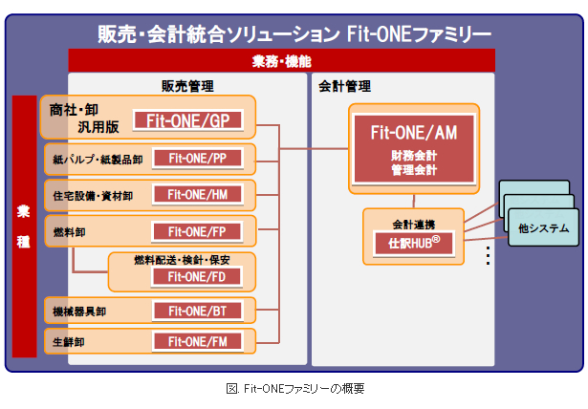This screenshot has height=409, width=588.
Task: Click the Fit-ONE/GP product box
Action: point(188,120)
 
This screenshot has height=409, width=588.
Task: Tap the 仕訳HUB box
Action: point(413,243)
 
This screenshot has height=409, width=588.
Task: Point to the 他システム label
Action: point(543,227)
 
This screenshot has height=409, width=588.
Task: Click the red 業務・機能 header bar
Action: point(281,60)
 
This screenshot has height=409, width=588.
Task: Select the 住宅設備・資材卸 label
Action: point(94,195)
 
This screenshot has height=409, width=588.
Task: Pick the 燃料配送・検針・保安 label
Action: point(181,259)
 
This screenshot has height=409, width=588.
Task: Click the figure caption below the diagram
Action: point(294,389)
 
